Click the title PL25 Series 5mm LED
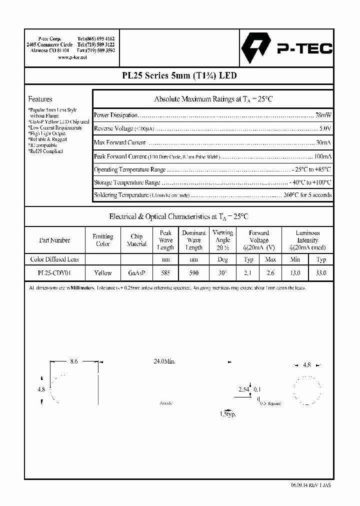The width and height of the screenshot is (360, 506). [179, 76]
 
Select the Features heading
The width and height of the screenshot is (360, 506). [40, 99]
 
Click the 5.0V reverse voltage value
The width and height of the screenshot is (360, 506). [324, 128]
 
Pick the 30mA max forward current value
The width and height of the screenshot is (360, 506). [323, 142]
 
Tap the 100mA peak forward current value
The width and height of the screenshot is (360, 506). [321, 156]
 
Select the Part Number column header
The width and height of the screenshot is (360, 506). [54, 240]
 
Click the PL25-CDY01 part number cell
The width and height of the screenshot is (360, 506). [54, 273]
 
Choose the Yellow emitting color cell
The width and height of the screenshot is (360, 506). [102, 273]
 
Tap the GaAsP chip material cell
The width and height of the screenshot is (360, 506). [136, 273]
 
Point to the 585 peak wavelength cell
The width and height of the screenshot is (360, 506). [165, 273]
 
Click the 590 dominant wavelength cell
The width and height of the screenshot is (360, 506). [193, 273]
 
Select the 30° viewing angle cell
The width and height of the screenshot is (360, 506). [222, 273]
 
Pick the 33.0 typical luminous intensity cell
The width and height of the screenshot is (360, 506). [321, 273]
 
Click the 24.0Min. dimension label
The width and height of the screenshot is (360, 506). [164, 361]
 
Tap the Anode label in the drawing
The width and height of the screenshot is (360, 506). [165, 402]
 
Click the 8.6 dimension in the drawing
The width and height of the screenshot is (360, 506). [73, 361]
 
